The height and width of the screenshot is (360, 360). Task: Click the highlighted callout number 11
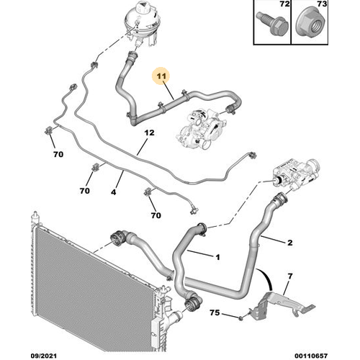(x=161, y=76)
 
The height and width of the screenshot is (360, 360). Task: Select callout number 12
(x=149, y=132)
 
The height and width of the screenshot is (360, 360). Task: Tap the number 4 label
(x=114, y=192)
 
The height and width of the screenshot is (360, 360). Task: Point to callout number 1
(x=217, y=257)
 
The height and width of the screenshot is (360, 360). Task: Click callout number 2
(x=290, y=243)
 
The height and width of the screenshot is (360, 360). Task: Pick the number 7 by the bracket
(x=290, y=276)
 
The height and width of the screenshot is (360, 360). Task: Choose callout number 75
(x=215, y=312)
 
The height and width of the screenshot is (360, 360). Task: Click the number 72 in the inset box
(x=284, y=4)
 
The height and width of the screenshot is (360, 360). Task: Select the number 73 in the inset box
(x=322, y=4)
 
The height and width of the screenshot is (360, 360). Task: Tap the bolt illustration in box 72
(x=273, y=23)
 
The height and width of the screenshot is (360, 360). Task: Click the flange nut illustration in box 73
(x=311, y=24)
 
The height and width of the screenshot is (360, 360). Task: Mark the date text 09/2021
(x=44, y=356)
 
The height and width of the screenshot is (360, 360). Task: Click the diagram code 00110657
(x=311, y=356)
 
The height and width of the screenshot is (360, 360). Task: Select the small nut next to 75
(x=240, y=318)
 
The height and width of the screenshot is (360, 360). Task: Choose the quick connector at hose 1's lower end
(x=192, y=304)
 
